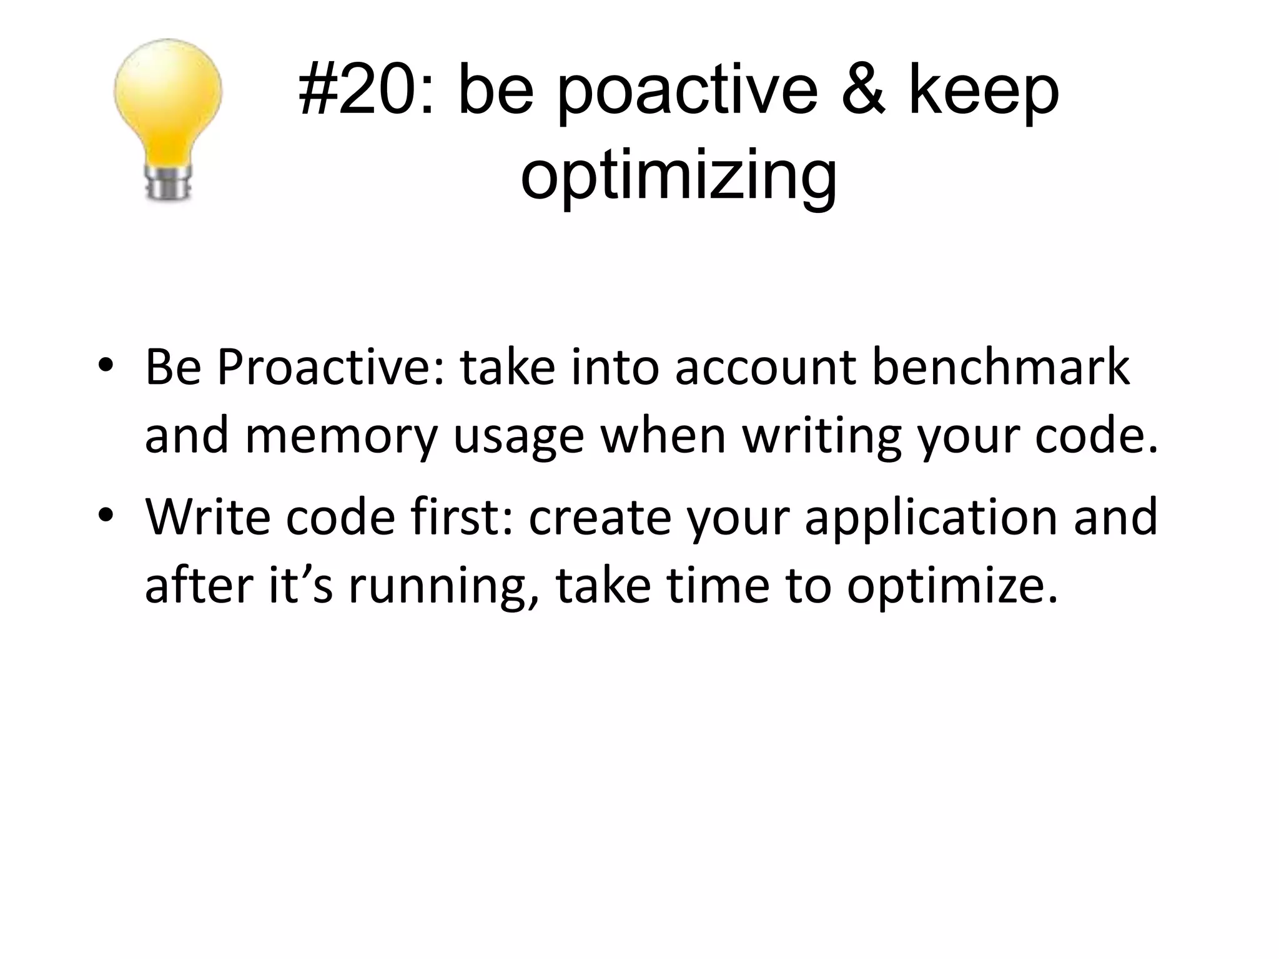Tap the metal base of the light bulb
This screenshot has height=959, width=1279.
pyautogui.click(x=167, y=183)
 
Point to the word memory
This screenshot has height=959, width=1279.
pyautogui.click(x=341, y=437)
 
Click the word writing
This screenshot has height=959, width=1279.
pyautogui.click(x=821, y=437)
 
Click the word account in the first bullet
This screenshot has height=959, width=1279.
pyautogui.click(x=766, y=368)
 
